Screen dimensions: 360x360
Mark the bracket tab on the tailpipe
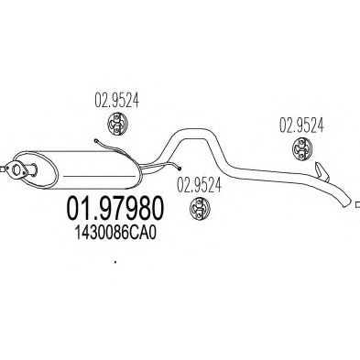(321, 171)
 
